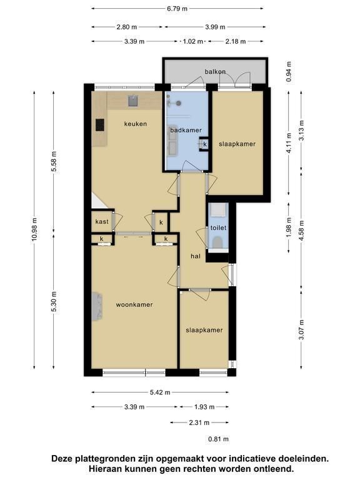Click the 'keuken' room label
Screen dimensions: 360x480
tap(135, 124)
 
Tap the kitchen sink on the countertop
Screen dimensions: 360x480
tap(133, 101)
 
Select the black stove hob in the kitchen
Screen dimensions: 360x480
tap(100, 125)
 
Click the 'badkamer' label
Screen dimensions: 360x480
tap(186, 131)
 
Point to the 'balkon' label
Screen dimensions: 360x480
tap(215, 72)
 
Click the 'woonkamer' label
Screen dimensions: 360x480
tap(134, 304)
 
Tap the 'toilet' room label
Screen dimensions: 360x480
tap(218, 227)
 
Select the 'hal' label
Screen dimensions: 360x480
tap(195, 256)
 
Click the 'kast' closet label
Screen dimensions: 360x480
tap(102, 222)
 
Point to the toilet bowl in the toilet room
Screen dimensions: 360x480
tap(217, 242)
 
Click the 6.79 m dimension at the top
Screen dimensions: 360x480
tap(177, 9)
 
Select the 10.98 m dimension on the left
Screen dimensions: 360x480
tap(34, 229)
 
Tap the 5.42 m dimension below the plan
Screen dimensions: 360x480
tap(160, 392)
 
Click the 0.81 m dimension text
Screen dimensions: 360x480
tap(219, 439)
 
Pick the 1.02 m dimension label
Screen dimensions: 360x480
tap(193, 41)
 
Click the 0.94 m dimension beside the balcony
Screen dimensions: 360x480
tap(288, 72)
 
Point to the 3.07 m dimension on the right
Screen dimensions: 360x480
tap(301, 329)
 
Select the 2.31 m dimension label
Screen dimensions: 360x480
tap(199, 422)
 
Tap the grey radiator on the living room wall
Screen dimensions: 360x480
tap(97, 306)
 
